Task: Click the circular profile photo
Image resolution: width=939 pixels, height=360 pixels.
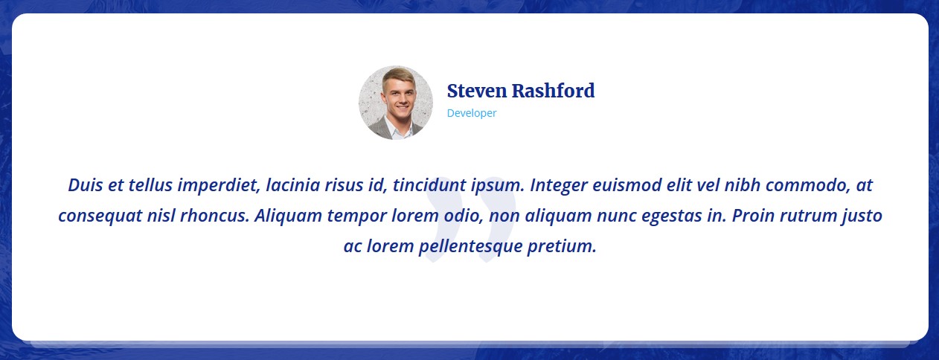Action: tap(396, 103)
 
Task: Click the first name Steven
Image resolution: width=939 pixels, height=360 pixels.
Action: tap(477, 91)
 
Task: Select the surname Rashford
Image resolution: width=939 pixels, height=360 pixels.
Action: tap(554, 91)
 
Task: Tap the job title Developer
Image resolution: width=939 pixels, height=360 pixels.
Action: tap(472, 113)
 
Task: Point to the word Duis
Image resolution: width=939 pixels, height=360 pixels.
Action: tap(85, 184)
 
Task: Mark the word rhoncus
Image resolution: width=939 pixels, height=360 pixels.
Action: tap(214, 216)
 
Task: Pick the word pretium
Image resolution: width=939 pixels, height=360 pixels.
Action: tap(562, 246)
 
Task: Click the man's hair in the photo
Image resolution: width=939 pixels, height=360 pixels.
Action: tap(398, 76)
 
